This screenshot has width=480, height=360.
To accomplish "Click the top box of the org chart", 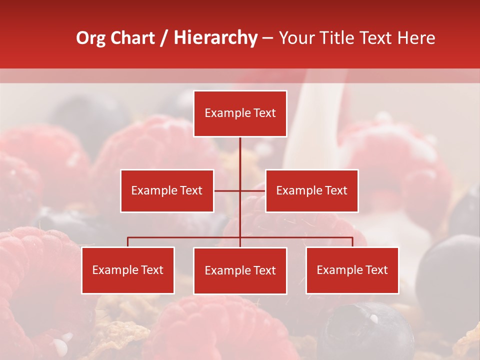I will (x=240, y=113).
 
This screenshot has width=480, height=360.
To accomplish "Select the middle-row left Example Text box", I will (x=167, y=190).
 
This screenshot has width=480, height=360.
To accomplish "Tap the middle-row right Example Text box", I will (x=311, y=190).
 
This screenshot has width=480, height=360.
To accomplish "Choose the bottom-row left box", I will (x=128, y=270).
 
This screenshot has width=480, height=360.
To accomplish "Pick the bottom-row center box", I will (x=240, y=270).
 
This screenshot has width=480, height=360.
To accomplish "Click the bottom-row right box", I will (x=352, y=270).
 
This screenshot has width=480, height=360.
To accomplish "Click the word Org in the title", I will (x=90, y=38).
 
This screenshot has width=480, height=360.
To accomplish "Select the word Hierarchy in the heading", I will (x=215, y=38).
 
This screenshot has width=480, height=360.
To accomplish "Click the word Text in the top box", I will (x=263, y=113).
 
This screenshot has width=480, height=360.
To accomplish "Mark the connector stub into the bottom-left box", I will (x=128, y=242).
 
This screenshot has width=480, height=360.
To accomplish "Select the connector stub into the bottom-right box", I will (x=352, y=242).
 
